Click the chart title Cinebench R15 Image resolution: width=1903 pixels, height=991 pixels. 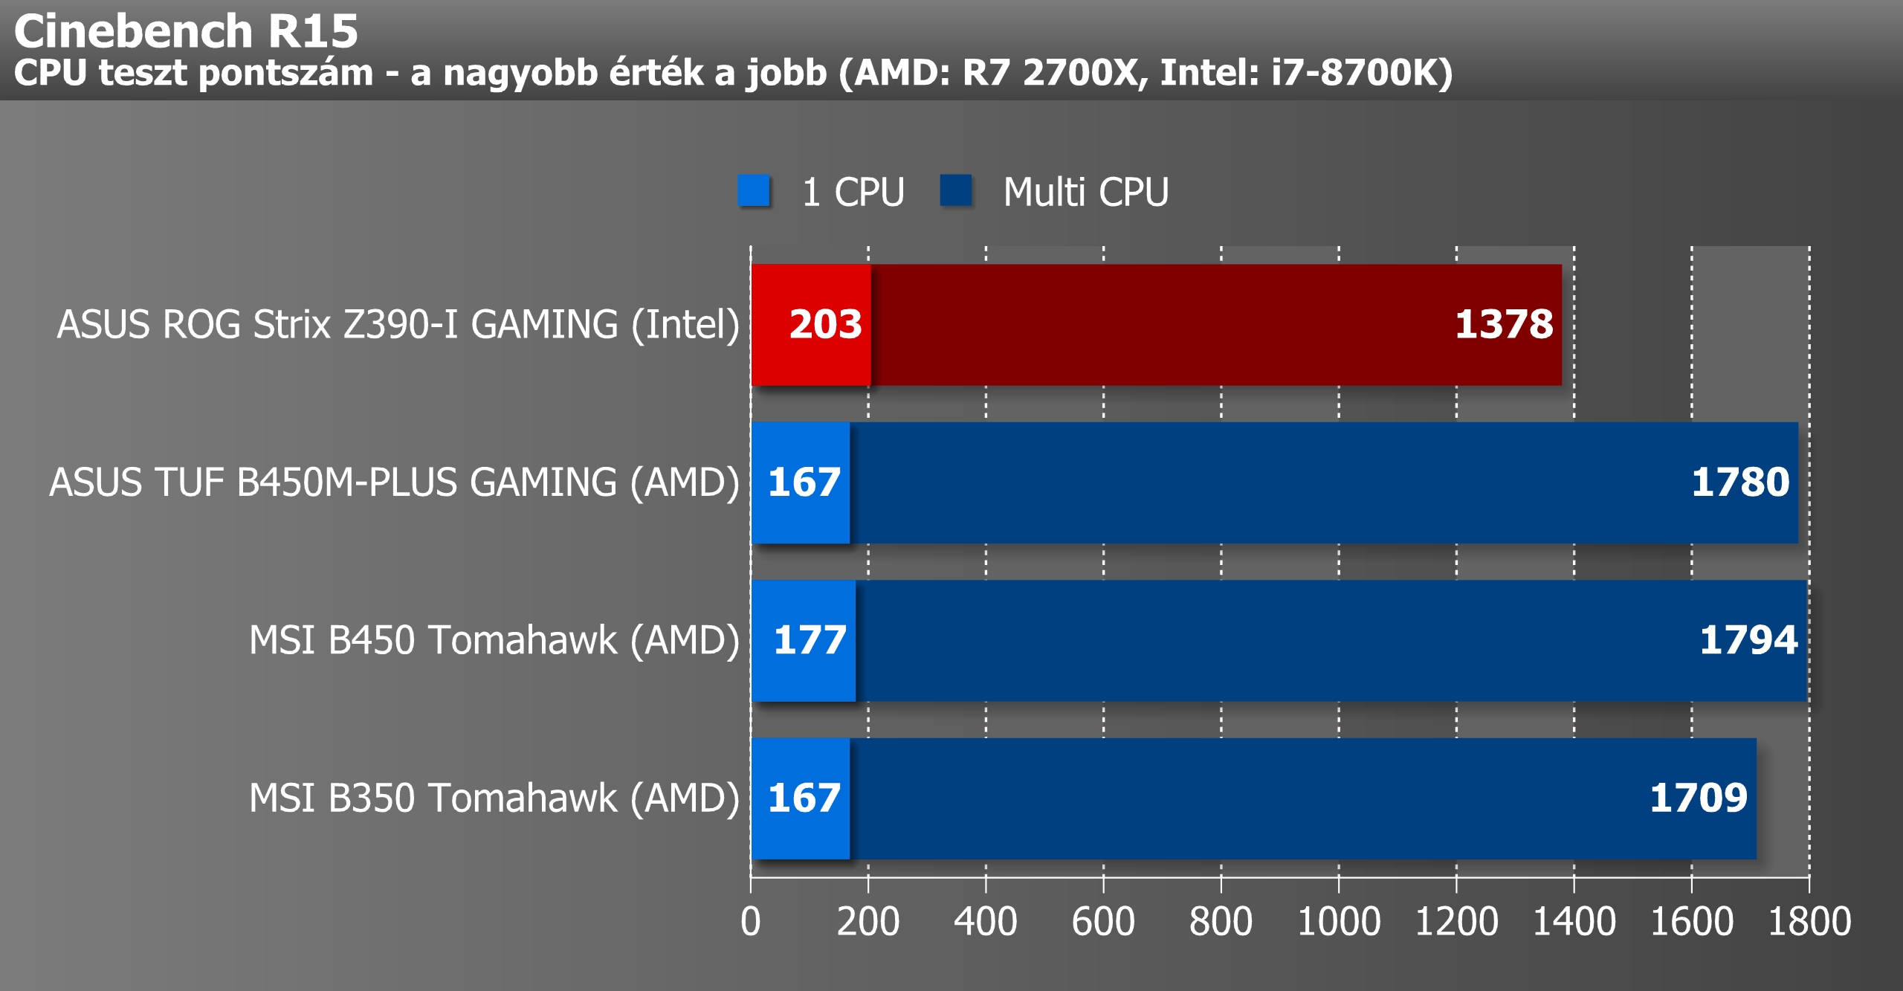tap(186, 31)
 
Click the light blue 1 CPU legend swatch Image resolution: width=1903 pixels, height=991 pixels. tap(753, 190)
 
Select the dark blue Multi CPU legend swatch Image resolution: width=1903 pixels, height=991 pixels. tap(956, 190)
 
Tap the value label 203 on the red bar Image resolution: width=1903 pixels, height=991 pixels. tap(825, 324)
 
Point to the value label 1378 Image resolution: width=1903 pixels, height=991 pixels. tap(1504, 324)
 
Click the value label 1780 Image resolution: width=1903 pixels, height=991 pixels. tap(1740, 482)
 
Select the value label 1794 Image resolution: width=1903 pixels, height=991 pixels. tap(1748, 639)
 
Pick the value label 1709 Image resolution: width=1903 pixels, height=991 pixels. tap(1699, 798)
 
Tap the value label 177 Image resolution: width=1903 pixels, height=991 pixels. tap(810, 639)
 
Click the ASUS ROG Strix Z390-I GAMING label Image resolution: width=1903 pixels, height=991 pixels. tap(398, 325)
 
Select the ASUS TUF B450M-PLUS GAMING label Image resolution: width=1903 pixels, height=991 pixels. tap(395, 482)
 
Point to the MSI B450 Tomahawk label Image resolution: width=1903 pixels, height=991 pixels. tap(494, 640)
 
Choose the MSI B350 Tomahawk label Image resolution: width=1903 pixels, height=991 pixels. tap(494, 798)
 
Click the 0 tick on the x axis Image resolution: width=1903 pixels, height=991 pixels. tap(751, 922)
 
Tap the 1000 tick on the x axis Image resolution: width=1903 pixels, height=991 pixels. tap(1339, 922)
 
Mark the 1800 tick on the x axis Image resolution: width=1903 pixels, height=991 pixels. tap(1809, 922)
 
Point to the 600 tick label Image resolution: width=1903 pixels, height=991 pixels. tap(1103, 922)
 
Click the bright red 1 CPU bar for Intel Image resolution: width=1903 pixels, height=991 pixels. tap(811, 325)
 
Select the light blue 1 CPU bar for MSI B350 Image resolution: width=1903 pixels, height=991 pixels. tap(801, 798)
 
